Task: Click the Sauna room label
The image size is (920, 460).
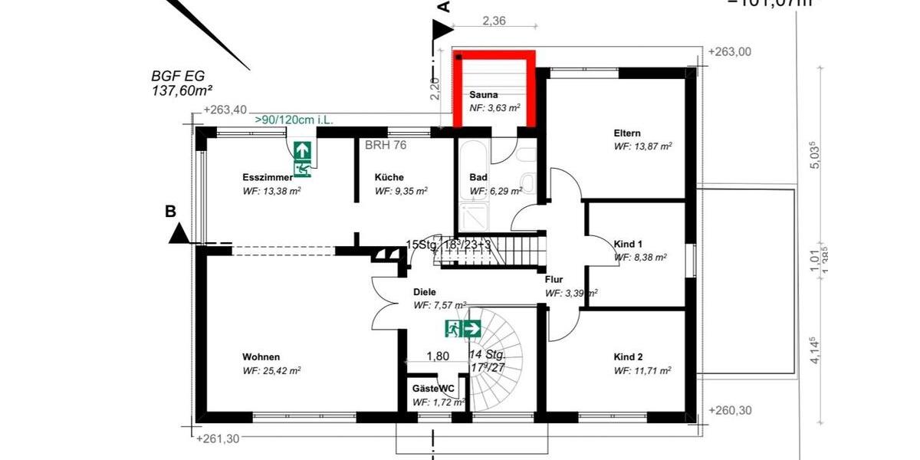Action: tap(484, 94)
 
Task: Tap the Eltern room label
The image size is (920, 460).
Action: tap(626, 133)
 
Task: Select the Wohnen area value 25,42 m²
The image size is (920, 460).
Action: tap(271, 370)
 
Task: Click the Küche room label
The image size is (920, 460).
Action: tap(389, 177)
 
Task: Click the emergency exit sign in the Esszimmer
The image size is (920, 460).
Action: tap(302, 159)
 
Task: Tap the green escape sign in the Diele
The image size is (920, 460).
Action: tap(463, 329)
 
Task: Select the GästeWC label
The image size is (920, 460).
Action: tap(433, 389)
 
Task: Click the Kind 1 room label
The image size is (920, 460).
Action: tap(628, 244)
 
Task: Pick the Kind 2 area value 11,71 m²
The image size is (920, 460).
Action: tap(642, 370)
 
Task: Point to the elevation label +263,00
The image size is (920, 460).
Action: tap(731, 52)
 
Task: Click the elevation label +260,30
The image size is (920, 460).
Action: tap(731, 410)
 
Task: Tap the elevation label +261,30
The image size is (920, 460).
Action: tap(218, 439)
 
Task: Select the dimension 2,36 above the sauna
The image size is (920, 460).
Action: tap(494, 21)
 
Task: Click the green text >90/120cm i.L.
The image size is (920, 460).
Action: tap(294, 120)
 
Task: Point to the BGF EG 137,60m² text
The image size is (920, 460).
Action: tap(182, 84)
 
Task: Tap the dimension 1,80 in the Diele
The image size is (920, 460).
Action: tap(437, 356)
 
